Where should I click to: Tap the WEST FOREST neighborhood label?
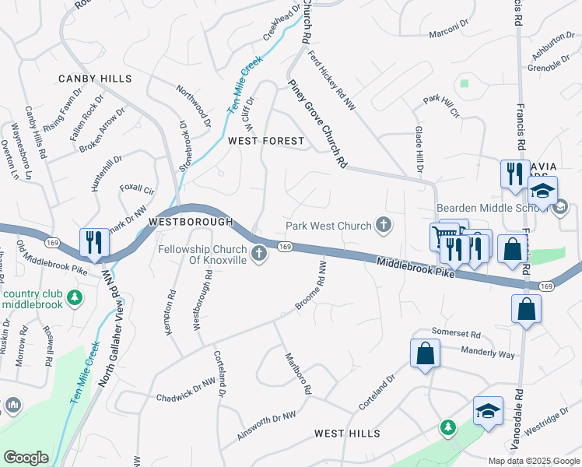pos(265,141)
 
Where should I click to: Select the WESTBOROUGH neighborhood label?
pos(191,222)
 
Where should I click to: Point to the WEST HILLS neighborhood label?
pos(347,433)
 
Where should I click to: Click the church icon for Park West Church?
pos(383,226)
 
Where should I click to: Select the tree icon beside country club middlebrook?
pos(75,297)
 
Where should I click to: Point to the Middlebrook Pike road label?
pos(415,269)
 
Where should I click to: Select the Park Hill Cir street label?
pos(441,106)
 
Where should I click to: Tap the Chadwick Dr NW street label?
pos(185,386)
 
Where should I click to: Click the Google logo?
pos(26,457)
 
